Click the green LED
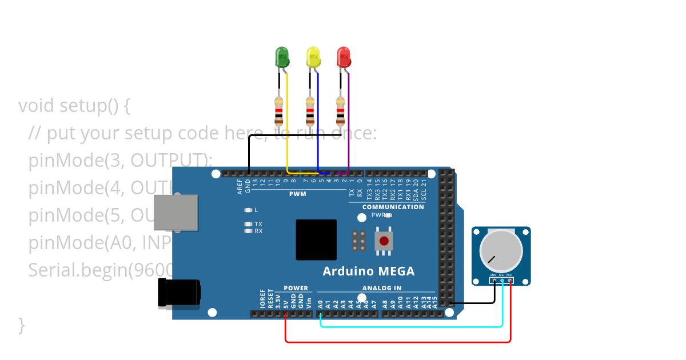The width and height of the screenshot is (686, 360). click(x=282, y=57)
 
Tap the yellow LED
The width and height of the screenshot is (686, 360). click(x=313, y=57)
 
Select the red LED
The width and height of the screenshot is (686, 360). click(x=344, y=57)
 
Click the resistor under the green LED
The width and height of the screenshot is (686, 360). click(x=279, y=111)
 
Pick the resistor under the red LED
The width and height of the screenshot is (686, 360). click(x=340, y=111)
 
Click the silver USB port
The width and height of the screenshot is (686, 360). click(x=176, y=213)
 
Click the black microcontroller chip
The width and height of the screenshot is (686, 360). click(x=316, y=239)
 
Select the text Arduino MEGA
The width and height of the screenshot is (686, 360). click(x=368, y=271)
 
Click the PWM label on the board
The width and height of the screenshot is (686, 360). click(x=297, y=194)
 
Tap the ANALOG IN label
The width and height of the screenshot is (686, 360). click(x=381, y=288)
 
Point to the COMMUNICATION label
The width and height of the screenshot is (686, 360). click(x=393, y=207)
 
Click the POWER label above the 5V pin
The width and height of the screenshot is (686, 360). click(x=296, y=288)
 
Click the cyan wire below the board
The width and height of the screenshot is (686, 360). click(x=412, y=327)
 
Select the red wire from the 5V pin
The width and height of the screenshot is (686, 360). click(x=400, y=342)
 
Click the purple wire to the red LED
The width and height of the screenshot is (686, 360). click(x=349, y=126)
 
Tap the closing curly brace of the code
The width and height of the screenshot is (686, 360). click(x=22, y=325)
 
